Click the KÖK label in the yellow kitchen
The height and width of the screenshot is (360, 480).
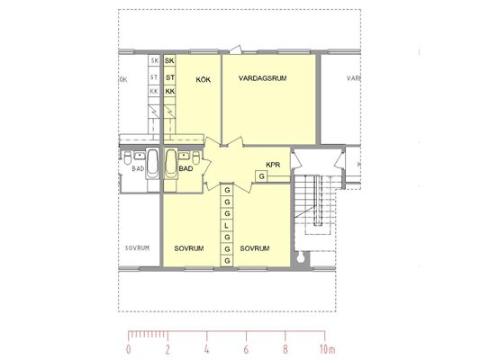pyautogui.click(x=204, y=79)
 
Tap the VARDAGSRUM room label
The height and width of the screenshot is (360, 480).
pyautogui.click(x=263, y=78)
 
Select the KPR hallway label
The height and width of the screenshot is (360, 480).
pyautogui.click(x=273, y=165)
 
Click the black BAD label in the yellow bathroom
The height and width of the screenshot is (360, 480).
pyautogui.click(x=186, y=168)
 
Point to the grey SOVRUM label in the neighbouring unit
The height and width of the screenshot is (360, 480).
pyautogui.click(x=137, y=248)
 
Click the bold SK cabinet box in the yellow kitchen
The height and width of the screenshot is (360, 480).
pyautogui.click(x=169, y=60)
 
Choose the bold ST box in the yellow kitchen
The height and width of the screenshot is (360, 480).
pyautogui.click(x=169, y=77)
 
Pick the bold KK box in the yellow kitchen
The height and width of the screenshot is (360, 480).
pyautogui.click(x=169, y=91)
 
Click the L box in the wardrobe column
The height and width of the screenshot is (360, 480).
pyautogui.click(x=227, y=226)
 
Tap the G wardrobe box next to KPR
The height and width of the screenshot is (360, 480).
pyautogui.click(x=261, y=176)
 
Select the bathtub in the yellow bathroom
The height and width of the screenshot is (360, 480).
pyautogui.click(x=171, y=163)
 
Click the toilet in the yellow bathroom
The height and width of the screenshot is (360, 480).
pyautogui.click(x=196, y=157)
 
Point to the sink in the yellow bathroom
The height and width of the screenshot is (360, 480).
pyautogui.click(x=184, y=156)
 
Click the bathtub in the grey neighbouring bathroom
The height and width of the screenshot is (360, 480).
pyautogui.click(x=152, y=163)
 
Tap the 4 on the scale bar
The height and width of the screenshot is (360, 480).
pyautogui.click(x=206, y=349)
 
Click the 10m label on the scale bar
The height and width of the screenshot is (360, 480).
pyautogui.click(x=327, y=349)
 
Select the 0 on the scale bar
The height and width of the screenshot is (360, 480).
pyautogui.click(x=128, y=349)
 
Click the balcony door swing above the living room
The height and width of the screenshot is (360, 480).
pyautogui.click(x=235, y=49)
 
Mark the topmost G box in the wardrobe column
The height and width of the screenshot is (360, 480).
pyautogui.click(x=227, y=190)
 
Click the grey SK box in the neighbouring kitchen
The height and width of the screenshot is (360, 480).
pyautogui.click(x=154, y=60)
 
